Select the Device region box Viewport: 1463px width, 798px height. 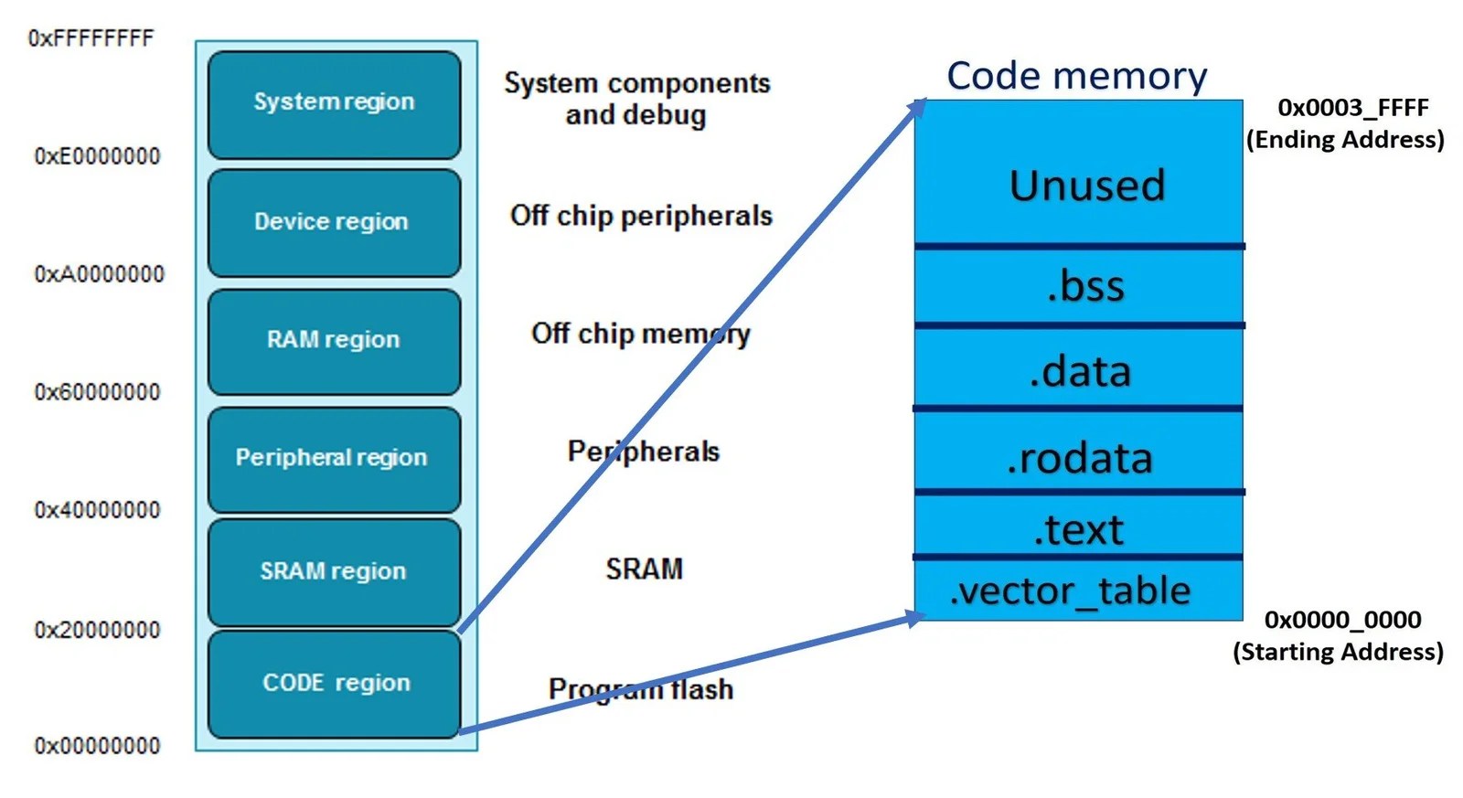(334, 222)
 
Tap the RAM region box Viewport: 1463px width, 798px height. (334, 341)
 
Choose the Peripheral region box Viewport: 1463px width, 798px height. (334, 458)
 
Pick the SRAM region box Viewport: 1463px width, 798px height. (334, 572)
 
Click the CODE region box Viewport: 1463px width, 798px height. (334, 684)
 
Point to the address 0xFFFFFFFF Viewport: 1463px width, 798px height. (91, 38)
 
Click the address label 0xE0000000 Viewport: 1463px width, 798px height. (97, 156)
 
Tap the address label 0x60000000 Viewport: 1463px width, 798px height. (97, 392)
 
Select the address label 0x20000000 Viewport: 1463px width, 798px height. (97, 630)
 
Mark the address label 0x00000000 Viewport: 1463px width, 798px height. (97, 746)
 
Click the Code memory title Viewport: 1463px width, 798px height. (1076, 76)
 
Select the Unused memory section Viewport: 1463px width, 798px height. (1086, 185)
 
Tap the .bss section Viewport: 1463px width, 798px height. (1084, 286)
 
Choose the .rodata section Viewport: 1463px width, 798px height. (1079, 458)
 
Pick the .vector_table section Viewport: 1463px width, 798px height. (1070, 591)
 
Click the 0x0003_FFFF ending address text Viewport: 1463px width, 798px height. (1352, 108)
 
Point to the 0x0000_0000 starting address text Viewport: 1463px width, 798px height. (1341, 620)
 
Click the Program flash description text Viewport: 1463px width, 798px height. (640, 688)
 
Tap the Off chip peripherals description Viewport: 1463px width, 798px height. (641, 216)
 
